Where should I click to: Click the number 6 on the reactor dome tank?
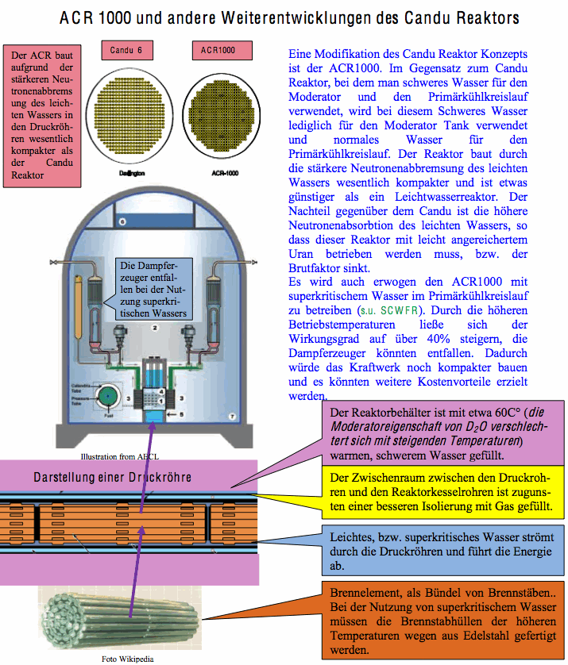coord(122,223)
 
